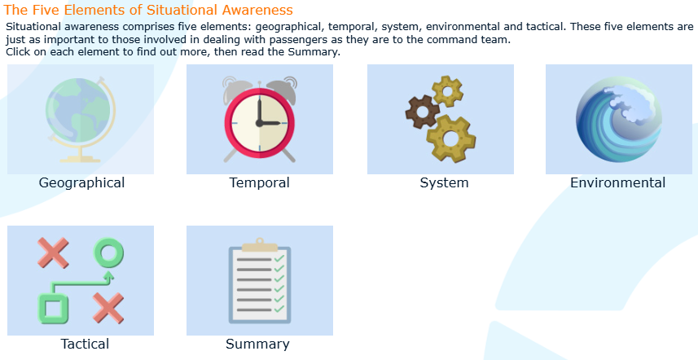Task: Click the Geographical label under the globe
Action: point(81,183)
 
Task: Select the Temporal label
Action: point(260,182)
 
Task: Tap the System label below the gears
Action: point(444,183)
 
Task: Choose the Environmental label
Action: point(617,182)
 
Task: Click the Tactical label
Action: point(85,344)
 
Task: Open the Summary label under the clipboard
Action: point(257,344)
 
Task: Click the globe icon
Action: point(81,119)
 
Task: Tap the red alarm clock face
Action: point(260,123)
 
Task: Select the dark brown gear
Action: point(422,112)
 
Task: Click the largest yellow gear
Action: point(450,138)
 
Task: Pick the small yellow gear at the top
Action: point(447,91)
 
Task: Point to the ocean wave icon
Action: point(618,119)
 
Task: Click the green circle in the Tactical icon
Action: point(108,252)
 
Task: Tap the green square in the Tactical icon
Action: point(54,308)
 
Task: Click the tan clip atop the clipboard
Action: point(260,245)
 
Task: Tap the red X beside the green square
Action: point(108,308)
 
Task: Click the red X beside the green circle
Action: point(53,252)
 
